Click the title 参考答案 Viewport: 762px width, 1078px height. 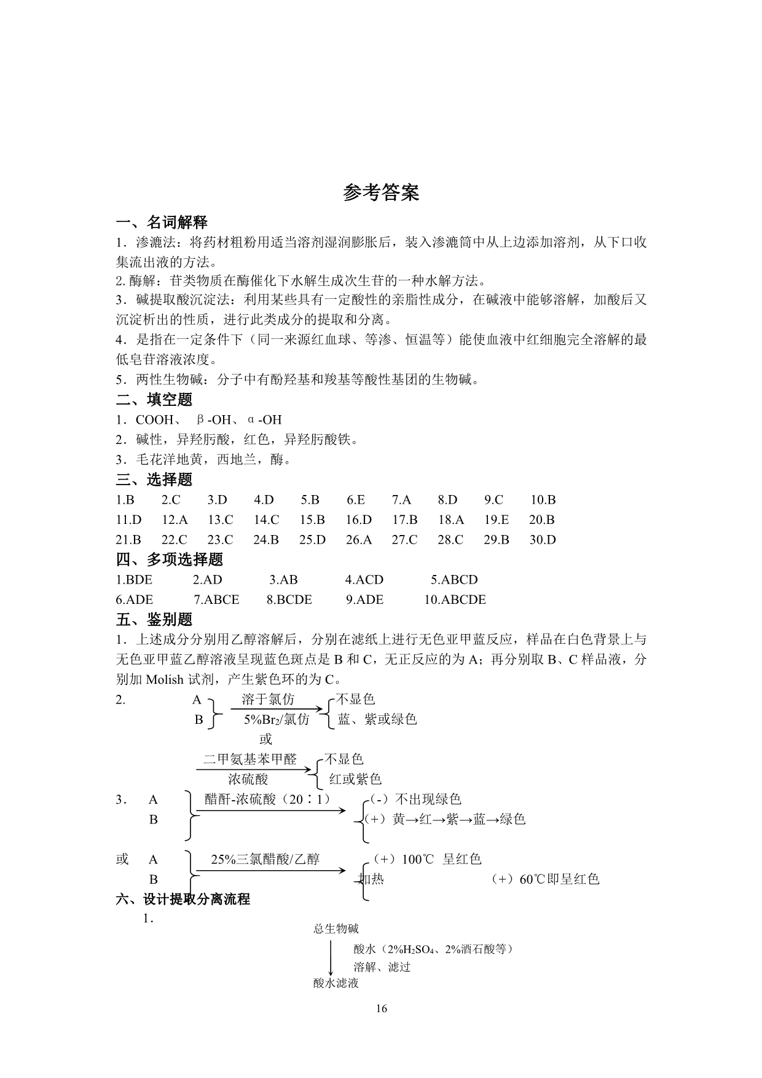381,193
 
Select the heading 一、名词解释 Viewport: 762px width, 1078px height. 162,223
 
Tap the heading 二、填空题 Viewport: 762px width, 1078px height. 154,400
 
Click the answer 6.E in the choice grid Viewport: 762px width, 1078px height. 355,500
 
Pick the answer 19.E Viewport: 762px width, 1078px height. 496,520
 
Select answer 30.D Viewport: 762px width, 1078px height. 542,540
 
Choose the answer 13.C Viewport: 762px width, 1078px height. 220,520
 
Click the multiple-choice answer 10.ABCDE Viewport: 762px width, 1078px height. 455,600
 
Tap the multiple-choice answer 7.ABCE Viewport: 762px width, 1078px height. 216,600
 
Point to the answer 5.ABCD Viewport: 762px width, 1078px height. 454,580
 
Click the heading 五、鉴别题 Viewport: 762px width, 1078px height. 154,619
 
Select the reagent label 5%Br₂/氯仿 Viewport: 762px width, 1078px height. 277,719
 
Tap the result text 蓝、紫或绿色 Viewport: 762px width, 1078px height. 377,719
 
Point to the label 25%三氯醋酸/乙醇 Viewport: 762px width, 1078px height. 265,860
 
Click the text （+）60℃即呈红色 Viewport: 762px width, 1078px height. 545,879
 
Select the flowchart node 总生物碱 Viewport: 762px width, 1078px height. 336,929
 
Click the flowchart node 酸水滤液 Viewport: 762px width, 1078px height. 336,983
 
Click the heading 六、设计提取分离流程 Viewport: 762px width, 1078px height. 183,899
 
